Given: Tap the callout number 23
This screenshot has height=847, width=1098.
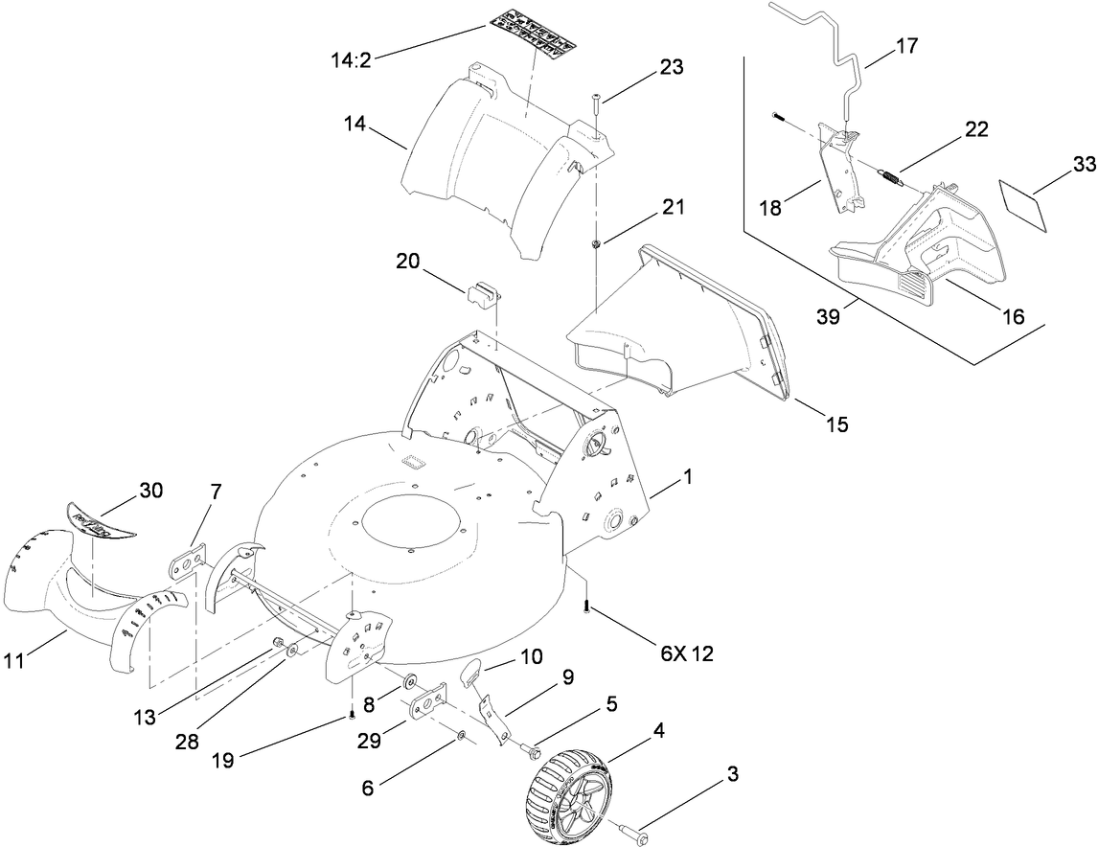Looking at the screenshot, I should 672,67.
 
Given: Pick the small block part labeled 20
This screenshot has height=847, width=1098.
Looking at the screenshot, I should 485,291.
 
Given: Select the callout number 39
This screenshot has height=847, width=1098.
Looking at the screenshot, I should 830,317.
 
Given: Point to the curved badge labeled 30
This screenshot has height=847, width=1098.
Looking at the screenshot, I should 101,522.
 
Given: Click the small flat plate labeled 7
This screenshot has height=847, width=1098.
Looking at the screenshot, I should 189,560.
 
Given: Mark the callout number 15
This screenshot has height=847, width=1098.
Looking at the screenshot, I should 836,423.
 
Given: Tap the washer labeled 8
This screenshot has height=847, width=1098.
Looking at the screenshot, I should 409,682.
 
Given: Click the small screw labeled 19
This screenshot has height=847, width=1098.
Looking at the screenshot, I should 352,712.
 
